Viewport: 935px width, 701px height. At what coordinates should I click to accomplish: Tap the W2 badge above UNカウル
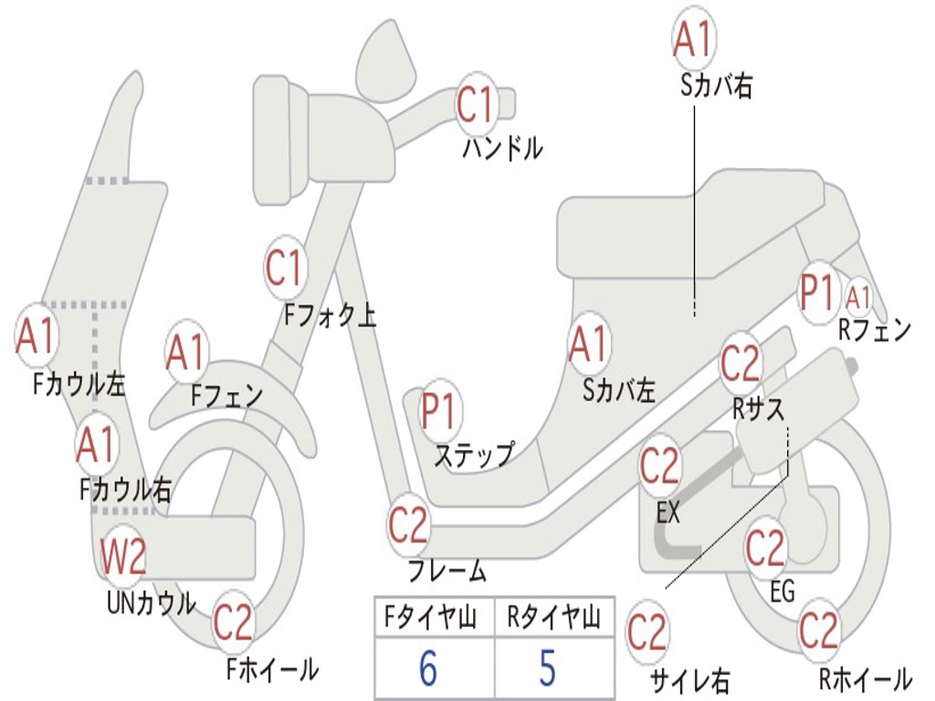(123, 556)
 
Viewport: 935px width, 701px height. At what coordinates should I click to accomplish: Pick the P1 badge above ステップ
(440, 413)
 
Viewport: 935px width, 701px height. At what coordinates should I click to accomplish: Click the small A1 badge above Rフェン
(858, 297)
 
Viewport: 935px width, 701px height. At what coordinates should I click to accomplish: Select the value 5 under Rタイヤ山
(547, 667)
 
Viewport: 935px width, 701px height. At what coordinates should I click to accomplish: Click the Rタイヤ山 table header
(553, 619)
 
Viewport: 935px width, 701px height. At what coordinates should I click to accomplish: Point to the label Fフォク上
(330, 316)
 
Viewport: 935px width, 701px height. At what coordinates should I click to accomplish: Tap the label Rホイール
(864, 679)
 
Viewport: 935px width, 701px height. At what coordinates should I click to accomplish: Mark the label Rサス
(758, 410)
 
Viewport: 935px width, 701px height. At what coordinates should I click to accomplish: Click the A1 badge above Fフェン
(186, 352)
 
